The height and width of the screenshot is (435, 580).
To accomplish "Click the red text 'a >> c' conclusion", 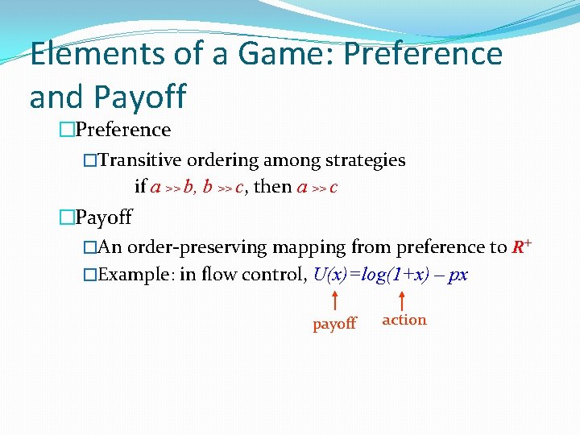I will point(317,187).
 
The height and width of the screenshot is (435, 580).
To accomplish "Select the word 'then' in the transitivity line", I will point(272,187).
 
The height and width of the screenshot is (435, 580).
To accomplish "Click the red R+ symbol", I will point(521,246).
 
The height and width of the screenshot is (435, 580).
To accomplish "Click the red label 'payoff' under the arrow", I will point(334,324).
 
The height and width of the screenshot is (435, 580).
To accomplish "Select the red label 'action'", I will point(404,320).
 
